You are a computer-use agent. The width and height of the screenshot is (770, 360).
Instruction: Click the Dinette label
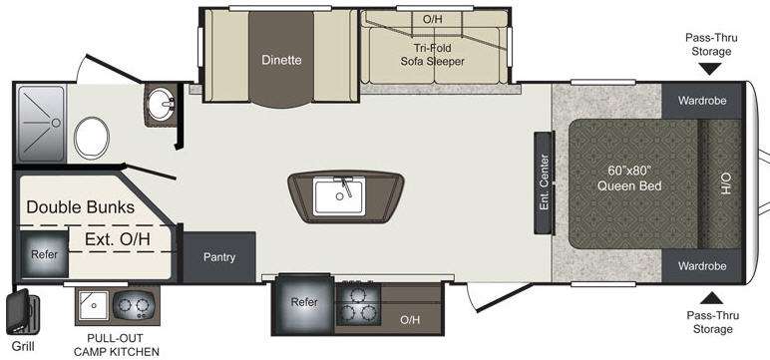pyautogui.click(x=281, y=61)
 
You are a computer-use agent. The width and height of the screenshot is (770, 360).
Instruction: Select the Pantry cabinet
pyautogui.click(x=219, y=257)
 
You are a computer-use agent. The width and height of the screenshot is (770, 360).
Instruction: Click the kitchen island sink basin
pyautogui.click(x=339, y=196)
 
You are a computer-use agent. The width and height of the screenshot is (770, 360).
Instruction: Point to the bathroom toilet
pyautogui.click(x=92, y=138)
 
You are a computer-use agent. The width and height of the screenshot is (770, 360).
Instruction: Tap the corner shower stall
pyautogui.click(x=41, y=124)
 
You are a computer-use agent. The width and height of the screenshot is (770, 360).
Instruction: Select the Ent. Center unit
pyautogui.click(x=545, y=182)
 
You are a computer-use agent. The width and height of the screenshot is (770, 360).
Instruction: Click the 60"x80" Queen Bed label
pyautogui.click(x=629, y=179)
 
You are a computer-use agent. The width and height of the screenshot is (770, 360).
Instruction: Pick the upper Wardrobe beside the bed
pyautogui.click(x=702, y=101)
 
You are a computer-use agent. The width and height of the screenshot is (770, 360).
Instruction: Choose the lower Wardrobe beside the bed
pyautogui.click(x=702, y=266)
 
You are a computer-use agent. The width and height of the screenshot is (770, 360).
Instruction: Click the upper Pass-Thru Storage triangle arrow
pyautogui.click(x=708, y=69)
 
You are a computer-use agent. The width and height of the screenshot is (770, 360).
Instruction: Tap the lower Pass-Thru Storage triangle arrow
pyautogui.click(x=711, y=297)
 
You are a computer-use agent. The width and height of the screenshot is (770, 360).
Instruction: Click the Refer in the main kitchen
pyautogui.click(x=304, y=304)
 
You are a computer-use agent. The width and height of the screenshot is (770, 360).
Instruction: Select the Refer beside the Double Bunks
pyautogui.click(x=44, y=254)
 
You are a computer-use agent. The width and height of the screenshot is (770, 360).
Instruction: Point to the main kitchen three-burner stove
pyautogui.click(x=358, y=304)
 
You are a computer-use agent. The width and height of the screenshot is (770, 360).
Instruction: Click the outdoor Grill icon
pyautogui.click(x=22, y=312)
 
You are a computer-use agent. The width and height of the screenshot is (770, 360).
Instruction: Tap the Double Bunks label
pyautogui.click(x=80, y=207)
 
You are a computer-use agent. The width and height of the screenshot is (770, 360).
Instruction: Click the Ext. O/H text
pyautogui.click(x=118, y=239)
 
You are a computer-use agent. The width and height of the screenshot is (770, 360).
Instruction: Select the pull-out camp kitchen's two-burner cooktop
pyautogui.click(x=134, y=306)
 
